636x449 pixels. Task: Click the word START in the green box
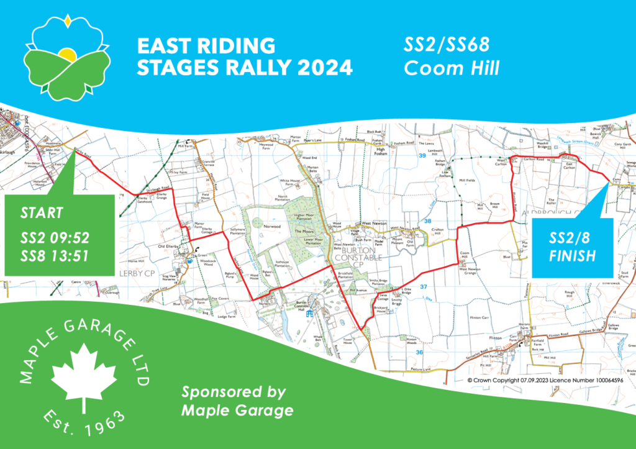[42, 213]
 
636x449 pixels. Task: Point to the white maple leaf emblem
[84, 369]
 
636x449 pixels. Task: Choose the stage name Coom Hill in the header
[452, 68]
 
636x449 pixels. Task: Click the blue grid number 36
[419, 352]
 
